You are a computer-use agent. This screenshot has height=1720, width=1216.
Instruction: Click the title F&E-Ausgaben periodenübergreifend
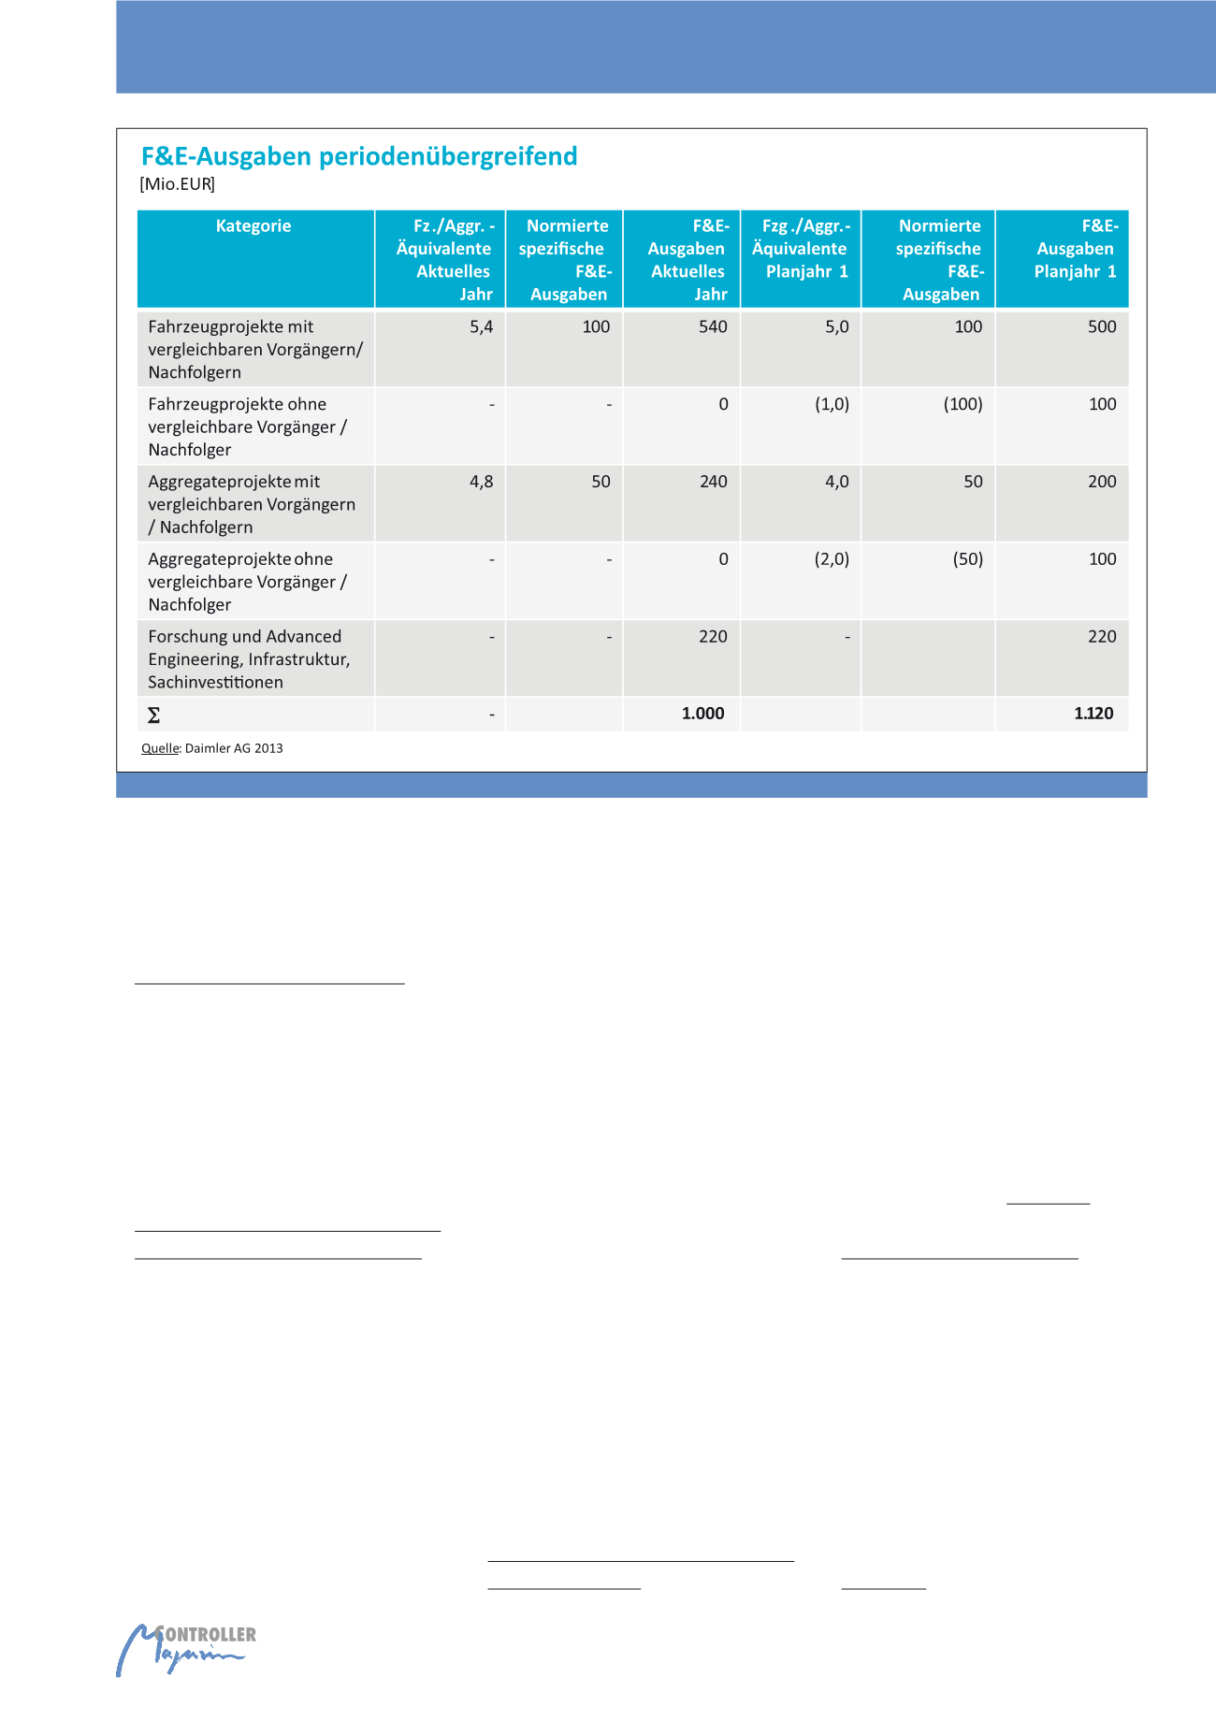point(359,156)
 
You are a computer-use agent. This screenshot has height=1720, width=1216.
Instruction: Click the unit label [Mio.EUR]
point(178,184)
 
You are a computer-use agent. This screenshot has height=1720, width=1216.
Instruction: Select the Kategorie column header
point(253,226)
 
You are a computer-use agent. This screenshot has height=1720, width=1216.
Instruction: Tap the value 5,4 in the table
point(481,327)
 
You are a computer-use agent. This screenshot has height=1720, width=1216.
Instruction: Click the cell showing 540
point(713,327)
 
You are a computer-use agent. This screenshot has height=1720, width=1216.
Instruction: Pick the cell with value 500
point(1102,327)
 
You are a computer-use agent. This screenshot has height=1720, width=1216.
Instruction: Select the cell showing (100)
point(963,405)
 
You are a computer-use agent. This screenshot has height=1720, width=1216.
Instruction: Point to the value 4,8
point(481,482)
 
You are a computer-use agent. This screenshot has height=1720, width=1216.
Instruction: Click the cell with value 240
point(713,482)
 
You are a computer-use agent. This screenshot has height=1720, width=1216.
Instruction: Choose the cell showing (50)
point(967,559)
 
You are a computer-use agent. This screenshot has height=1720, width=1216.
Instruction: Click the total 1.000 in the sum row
point(702,714)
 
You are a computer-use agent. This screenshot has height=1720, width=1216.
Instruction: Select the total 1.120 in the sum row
point(1093,714)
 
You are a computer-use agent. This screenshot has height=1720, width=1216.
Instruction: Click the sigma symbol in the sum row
point(154,715)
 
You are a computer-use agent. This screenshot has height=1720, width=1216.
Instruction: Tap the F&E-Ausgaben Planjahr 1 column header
point(1076,249)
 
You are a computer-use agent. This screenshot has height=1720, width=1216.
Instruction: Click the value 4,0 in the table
point(836,482)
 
